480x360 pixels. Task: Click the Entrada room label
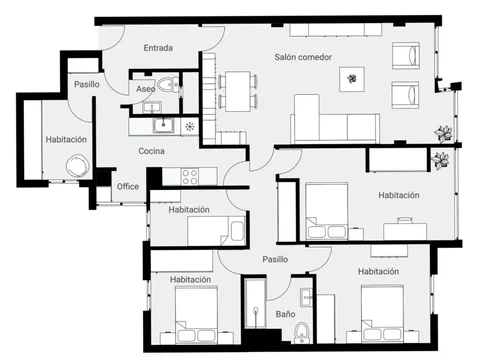(x=158, y=48)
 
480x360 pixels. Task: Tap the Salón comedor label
(x=303, y=57)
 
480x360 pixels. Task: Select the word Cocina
(x=151, y=151)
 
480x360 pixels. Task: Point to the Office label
(x=128, y=186)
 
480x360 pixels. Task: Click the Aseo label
(x=146, y=89)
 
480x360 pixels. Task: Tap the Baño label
(x=285, y=314)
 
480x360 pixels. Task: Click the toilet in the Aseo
(x=168, y=84)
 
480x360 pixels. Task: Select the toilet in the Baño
(x=302, y=332)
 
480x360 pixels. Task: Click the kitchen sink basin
(x=163, y=125)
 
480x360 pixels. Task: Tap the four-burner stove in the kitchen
(x=190, y=177)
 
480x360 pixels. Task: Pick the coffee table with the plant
(x=352, y=79)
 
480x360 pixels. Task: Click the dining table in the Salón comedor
(x=238, y=91)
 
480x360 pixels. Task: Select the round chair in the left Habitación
(x=77, y=166)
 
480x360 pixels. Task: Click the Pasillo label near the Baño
(x=275, y=259)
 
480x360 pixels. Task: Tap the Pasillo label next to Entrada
(x=87, y=84)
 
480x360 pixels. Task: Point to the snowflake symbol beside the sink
(x=189, y=126)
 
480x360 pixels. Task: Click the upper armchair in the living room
(x=406, y=55)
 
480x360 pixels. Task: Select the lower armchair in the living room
(x=405, y=95)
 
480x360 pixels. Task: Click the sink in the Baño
(x=306, y=297)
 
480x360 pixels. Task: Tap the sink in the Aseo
(x=152, y=107)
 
